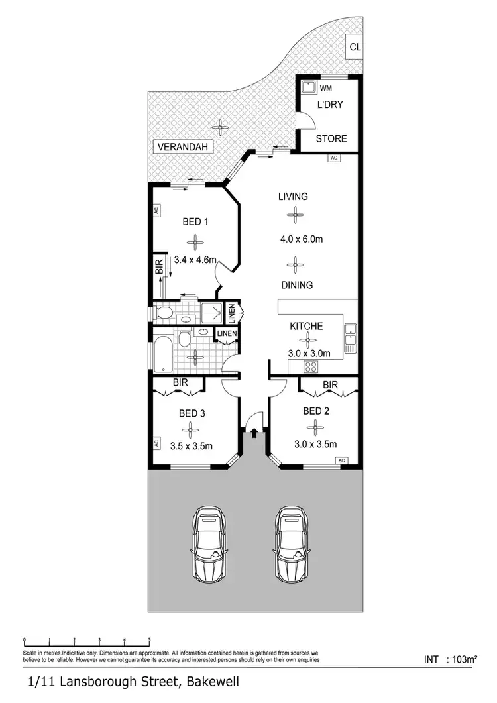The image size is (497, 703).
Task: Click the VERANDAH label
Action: coord(182,147)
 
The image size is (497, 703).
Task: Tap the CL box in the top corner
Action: coord(355,46)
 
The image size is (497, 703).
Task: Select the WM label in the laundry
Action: coord(326,87)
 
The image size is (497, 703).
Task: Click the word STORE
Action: coord(331,138)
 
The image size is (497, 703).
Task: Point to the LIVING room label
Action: coord(293,196)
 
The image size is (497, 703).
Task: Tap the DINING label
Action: coord(296,285)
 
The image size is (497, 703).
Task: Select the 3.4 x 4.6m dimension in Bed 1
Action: coord(195,260)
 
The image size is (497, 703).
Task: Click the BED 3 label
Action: coord(192,413)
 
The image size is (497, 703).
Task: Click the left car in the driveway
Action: coord(209,543)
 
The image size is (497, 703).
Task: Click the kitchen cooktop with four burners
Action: coord(311,366)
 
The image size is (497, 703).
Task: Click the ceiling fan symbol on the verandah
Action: coord(219,125)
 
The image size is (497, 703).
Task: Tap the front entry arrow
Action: coord(254,433)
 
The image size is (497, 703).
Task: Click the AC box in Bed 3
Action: coord(156,443)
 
